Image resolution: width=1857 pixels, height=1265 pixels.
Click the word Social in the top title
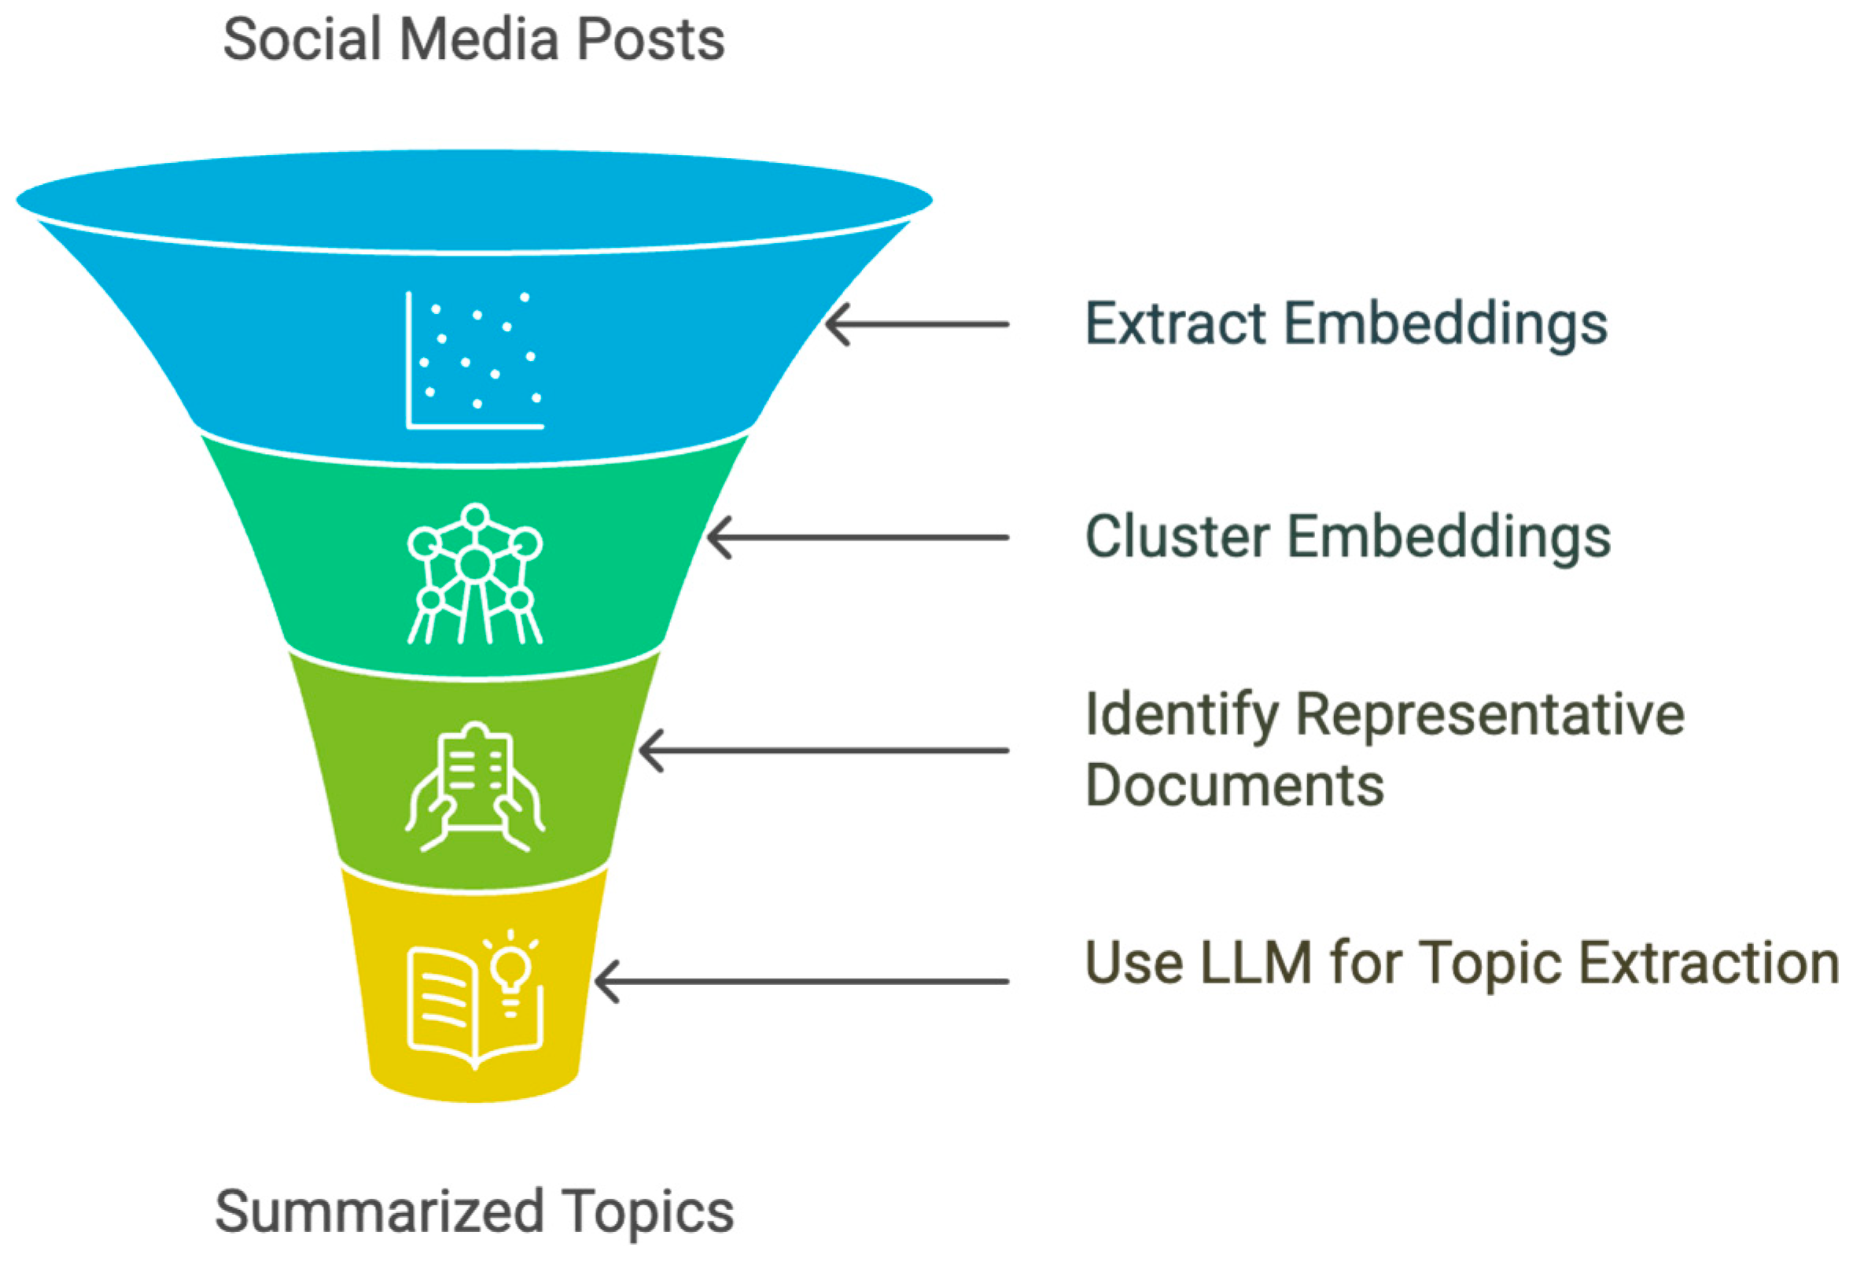click(x=301, y=39)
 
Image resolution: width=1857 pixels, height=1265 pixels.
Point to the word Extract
click(x=1175, y=323)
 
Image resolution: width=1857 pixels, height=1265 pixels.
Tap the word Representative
click(x=1490, y=714)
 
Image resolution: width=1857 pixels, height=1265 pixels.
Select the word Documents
click(x=1234, y=786)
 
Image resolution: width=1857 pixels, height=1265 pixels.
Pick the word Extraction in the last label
click(x=1709, y=962)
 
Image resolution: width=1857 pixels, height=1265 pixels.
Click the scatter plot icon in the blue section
click(x=474, y=360)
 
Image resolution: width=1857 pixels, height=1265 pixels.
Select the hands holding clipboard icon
click(x=474, y=787)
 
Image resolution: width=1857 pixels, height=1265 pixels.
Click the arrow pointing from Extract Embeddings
click(x=916, y=324)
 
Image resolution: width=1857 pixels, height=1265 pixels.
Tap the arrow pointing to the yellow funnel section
click(x=801, y=980)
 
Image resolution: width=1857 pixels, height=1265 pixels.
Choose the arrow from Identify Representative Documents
click(x=823, y=751)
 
